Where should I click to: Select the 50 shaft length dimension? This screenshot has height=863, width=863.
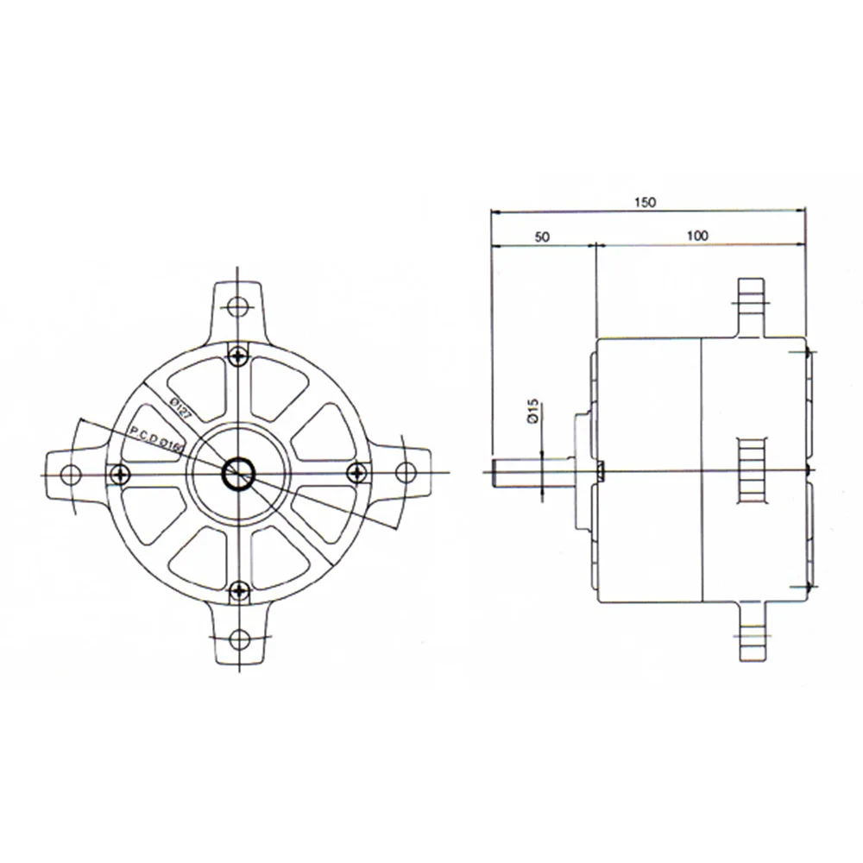pos(543,236)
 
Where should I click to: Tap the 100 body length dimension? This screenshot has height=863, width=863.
pos(699,236)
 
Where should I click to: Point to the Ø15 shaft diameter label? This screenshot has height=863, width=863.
pos(532,410)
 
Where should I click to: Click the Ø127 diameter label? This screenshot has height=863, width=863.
pos(180,406)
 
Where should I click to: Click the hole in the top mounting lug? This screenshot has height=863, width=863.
pos(239,306)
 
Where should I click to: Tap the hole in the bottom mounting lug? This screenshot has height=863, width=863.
pos(239,639)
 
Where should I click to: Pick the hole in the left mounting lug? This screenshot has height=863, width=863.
pos(73,473)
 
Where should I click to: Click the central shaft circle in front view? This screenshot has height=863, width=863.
pos(237,472)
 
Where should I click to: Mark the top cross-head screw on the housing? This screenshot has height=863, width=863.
pos(239,353)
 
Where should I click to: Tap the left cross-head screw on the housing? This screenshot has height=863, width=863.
pos(121,472)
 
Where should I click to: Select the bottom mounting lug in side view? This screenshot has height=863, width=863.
pos(750,634)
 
